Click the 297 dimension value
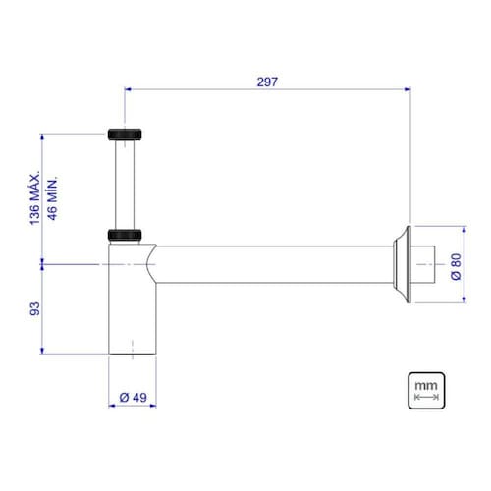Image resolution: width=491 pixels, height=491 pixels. [x=267, y=82]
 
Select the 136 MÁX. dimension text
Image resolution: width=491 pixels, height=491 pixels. [x=35, y=197]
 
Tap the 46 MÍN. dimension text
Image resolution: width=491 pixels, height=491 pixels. [x=52, y=198]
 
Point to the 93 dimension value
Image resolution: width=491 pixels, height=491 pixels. [x=35, y=308]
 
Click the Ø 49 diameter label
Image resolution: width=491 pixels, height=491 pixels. [x=133, y=398]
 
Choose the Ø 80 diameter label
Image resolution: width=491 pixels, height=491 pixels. [x=456, y=266]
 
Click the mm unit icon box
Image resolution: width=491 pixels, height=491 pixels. [x=426, y=391]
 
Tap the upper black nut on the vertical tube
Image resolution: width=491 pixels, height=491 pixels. [x=125, y=135]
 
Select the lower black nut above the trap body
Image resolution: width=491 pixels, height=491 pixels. [x=125, y=235]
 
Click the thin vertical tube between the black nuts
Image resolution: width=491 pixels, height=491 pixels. [x=125, y=185]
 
